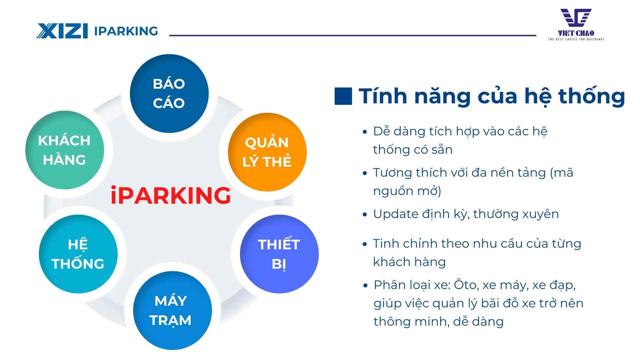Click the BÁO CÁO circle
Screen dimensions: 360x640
(169, 93)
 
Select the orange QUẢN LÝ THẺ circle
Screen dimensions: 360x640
(267, 152)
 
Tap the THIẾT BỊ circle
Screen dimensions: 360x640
(279, 254)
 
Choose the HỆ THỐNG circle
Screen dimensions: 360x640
(78, 254)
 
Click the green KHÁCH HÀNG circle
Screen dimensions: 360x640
(64, 150)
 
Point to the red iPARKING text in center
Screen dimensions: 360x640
(171, 195)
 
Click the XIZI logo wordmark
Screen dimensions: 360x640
(62, 31)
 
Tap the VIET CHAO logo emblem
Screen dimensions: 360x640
(576, 18)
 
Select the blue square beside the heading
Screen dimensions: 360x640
(343, 96)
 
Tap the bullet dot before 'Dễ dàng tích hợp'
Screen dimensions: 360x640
(365, 132)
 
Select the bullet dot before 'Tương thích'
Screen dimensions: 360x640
(365, 173)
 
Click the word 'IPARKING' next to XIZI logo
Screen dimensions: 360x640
(126, 31)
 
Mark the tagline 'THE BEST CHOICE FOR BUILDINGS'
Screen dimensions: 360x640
(576, 39)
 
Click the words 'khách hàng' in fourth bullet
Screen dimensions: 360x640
(409, 262)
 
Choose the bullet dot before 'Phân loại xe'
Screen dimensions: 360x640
(365, 286)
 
